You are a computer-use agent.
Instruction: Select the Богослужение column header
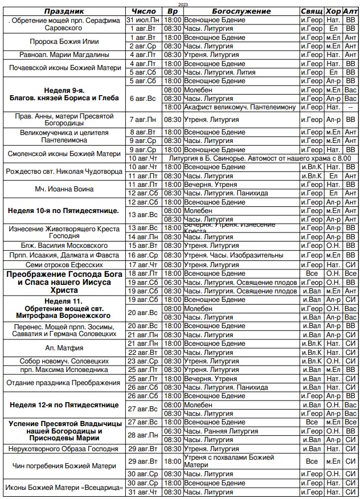(x=241, y=11)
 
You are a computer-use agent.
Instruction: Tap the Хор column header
(x=333, y=11)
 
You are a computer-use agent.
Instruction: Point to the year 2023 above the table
(x=183, y=4)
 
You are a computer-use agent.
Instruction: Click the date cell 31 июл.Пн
(x=144, y=20)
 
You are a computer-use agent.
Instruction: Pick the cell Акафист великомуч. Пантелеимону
(x=239, y=107)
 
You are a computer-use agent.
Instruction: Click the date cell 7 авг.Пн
(x=144, y=120)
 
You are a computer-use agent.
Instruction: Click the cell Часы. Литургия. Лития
(x=218, y=72)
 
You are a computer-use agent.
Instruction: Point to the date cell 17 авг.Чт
(x=144, y=264)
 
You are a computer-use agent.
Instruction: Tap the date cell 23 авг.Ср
(x=144, y=361)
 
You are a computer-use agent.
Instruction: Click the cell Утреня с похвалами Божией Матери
(x=228, y=461)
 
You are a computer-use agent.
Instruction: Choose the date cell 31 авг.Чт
(x=144, y=492)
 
